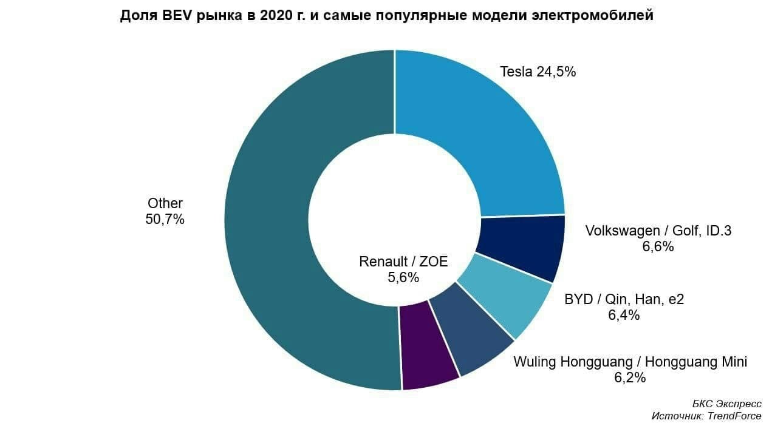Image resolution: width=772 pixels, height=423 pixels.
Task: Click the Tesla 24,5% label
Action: pos(538,72)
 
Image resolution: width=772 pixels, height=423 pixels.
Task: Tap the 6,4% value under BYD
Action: pos(623,315)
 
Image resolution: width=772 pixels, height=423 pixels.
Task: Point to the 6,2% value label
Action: pos(629,377)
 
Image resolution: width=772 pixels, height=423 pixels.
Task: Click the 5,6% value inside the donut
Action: pos(403,277)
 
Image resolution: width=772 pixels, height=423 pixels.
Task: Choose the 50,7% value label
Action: pos(165,219)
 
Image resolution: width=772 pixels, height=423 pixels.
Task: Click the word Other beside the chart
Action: pos(165,203)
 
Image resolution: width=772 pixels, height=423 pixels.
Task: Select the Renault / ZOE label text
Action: pos(403,262)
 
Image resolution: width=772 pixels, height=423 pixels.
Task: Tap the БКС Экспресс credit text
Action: pos(726,403)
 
